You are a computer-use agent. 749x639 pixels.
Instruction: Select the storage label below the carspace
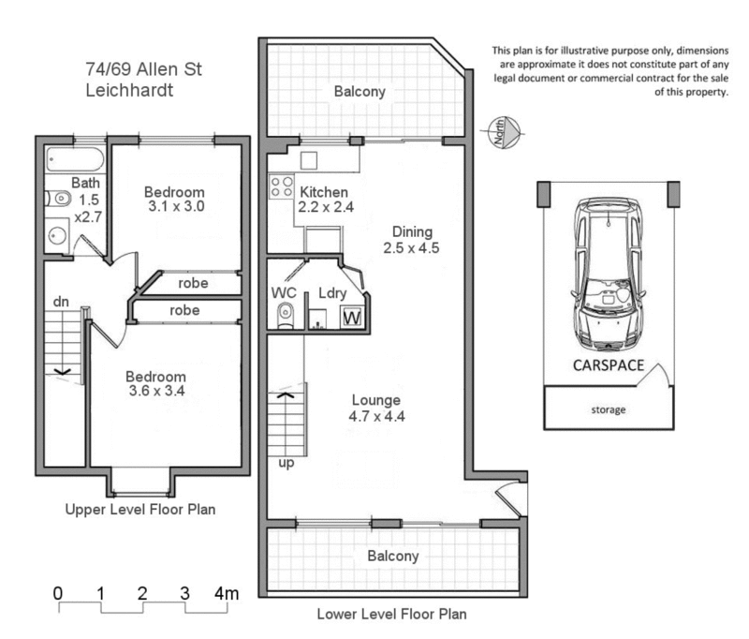pos(608,409)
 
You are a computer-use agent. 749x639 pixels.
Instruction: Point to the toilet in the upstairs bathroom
pos(57,199)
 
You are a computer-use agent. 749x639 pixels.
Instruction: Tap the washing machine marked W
pos(352,319)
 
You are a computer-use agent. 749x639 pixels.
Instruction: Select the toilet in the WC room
pos(286,316)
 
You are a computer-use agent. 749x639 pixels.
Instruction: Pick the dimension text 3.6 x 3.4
pos(157,392)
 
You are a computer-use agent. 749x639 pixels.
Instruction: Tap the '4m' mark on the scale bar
pos(227,592)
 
